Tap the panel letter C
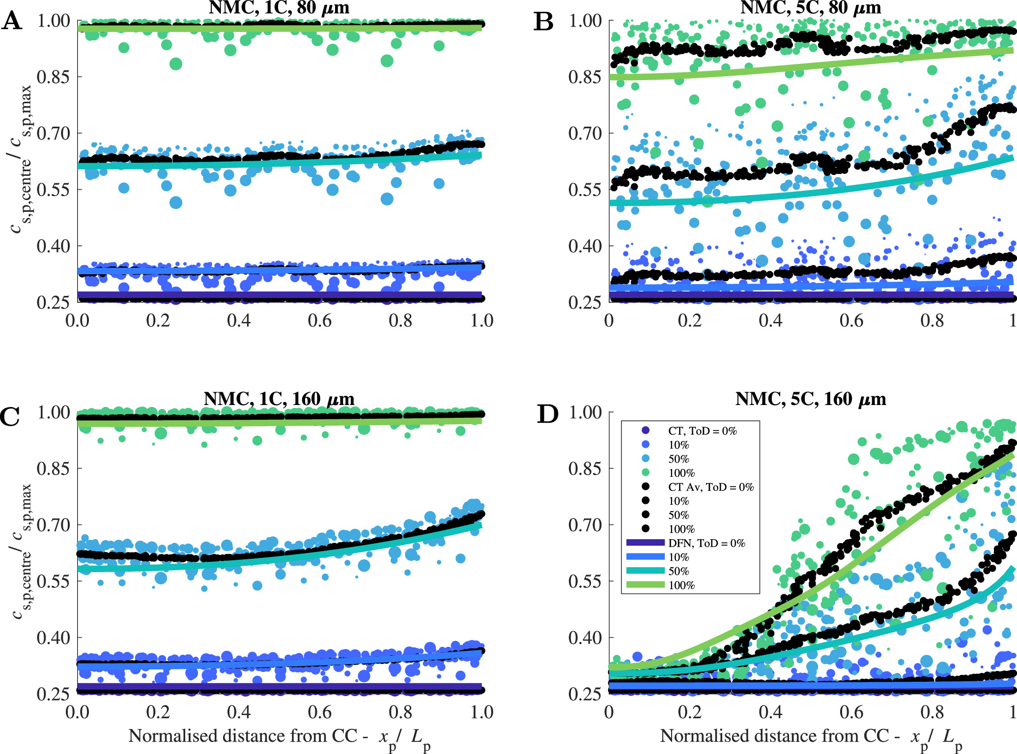10,416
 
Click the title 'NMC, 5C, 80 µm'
811,7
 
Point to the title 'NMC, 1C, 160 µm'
279,399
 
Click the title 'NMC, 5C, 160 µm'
811,399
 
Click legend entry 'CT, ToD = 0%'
702,431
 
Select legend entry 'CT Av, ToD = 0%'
710,487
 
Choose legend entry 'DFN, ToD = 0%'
706,543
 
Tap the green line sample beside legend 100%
646,585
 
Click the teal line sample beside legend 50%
646,571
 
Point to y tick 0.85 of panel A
54,77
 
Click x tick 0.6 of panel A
319,320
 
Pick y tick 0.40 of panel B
585,246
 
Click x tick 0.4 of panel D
770,712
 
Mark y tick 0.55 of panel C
54,581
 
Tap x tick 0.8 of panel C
400,712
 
